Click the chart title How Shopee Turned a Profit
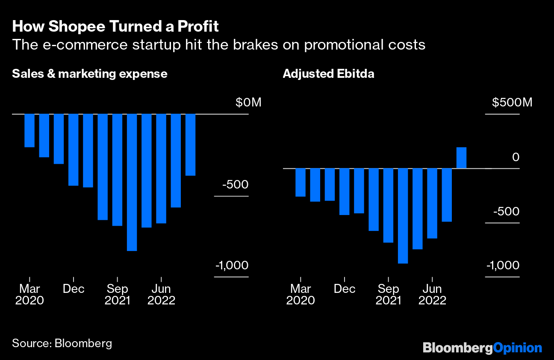[x=115, y=27]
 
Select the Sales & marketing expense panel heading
[x=90, y=74]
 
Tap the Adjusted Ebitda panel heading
[x=328, y=74]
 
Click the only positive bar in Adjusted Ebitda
[x=461, y=158]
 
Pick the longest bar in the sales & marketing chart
[x=132, y=182]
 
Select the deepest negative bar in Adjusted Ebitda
[x=403, y=215]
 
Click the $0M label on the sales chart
[x=248, y=103]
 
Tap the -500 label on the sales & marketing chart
[x=235, y=185]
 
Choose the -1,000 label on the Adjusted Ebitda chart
[x=503, y=266]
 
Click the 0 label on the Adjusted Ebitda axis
[x=516, y=157]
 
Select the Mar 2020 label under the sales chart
[x=29, y=294]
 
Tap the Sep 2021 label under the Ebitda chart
[x=388, y=294]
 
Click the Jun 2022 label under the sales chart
[x=161, y=294]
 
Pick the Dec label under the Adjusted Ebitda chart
[x=345, y=289]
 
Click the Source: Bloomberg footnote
[x=62, y=343]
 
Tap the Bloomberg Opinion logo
[x=482, y=348]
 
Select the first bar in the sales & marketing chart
[x=29, y=130]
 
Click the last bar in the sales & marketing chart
[x=190, y=145]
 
